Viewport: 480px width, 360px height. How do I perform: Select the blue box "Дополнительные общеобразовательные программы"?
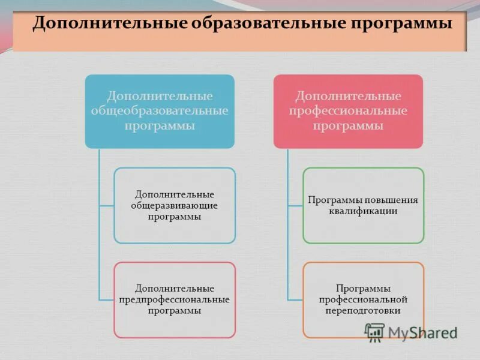(x=159, y=112)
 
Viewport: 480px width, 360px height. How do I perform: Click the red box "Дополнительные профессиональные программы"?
(x=348, y=112)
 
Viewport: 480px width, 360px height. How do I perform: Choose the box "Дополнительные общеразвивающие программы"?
(x=175, y=205)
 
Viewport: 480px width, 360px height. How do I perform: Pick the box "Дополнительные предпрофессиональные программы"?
(x=175, y=299)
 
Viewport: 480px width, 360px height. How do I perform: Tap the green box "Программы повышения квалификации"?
(x=363, y=205)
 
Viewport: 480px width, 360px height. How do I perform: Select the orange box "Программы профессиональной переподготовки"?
(x=363, y=299)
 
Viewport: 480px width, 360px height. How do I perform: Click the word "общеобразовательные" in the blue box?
(x=159, y=111)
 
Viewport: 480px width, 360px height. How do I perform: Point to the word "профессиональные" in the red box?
(x=348, y=111)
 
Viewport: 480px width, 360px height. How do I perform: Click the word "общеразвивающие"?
(x=175, y=206)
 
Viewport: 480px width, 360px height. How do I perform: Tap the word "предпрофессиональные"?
(x=175, y=299)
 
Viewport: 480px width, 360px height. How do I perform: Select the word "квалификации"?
(x=363, y=211)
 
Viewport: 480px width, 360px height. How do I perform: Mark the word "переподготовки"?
(x=363, y=310)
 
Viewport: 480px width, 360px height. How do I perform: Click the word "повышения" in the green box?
(x=391, y=200)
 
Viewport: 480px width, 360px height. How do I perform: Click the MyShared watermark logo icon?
(x=375, y=332)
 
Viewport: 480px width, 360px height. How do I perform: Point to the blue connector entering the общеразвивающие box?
(x=107, y=206)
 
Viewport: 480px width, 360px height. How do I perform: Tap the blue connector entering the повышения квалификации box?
(x=295, y=206)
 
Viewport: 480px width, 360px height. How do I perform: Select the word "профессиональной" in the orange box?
(x=363, y=299)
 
